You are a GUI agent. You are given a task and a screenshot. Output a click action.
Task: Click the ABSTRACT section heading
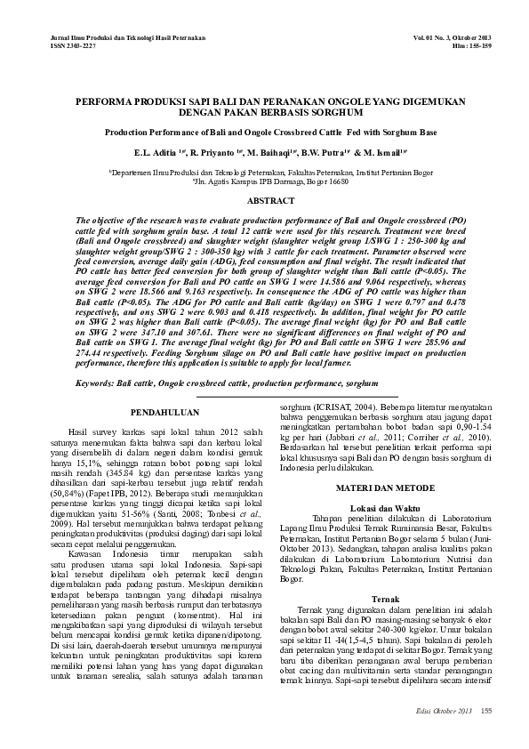pyautogui.click(x=264, y=202)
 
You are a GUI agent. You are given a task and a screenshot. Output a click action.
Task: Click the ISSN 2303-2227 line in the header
pyautogui.click(x=66, y=46)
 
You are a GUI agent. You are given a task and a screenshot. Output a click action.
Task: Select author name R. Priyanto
pyautogui.click(x=212, y=152)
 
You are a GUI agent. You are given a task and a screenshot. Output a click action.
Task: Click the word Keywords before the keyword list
pyautogui.click(x=99, y=382)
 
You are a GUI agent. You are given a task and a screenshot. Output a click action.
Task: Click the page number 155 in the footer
pyautogui.click(x=486, y=712)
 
